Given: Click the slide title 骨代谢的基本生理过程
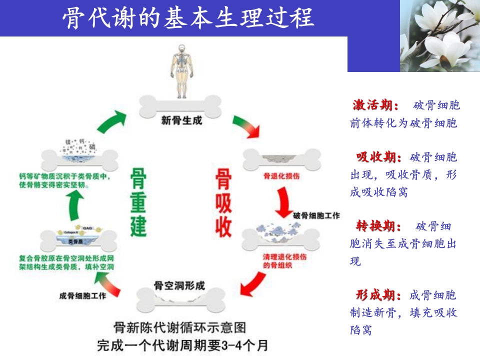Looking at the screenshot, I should coord(188,18).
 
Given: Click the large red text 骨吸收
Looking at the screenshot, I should coord(223,202).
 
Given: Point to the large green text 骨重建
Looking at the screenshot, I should coord(138,202).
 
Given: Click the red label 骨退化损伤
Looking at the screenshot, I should coord(281,176).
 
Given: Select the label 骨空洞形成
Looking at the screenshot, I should coord(179,285).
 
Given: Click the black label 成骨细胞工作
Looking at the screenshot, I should coord(82,296).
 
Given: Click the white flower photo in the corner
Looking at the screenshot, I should coord(439,35).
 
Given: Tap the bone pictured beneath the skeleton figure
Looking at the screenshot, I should coord(180,106).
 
